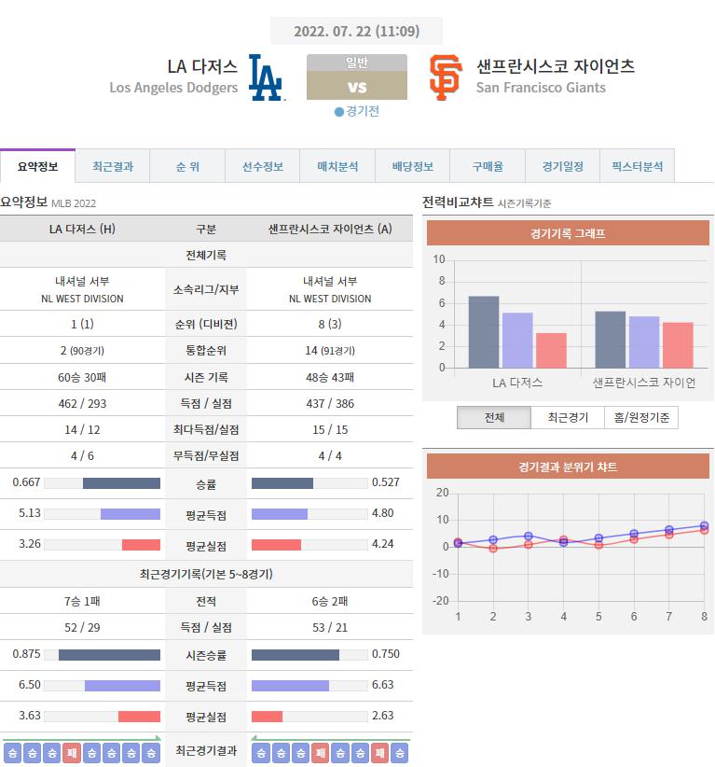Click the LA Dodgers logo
(266, 77)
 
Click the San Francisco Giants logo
(445, 77)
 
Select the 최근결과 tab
(113, 166)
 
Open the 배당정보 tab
(412, 166)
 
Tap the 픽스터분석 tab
(637, 166)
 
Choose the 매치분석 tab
(337, 166)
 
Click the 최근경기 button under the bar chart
(568, 417)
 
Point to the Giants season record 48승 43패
(329, 377)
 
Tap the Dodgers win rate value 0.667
(25, 482)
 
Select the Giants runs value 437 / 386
(329, 403)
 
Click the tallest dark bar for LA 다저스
(483, 331)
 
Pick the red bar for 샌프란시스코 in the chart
(678, 345)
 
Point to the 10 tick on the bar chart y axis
(439, 259)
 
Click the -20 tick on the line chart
(441, 600)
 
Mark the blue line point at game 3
(528, 537)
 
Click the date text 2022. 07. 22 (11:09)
(356, 31)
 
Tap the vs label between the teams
(356, 88)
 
